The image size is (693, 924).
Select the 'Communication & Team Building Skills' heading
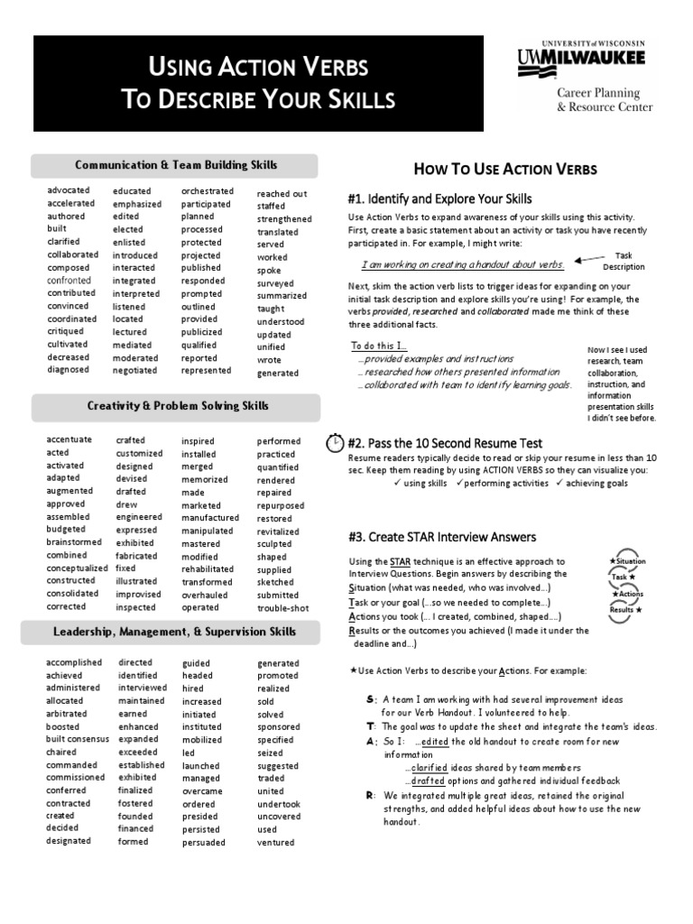[175, 165]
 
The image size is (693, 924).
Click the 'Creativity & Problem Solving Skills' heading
[177, 406]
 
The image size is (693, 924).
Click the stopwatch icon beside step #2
[335, 443]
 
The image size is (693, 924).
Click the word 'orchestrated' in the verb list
[207, 191]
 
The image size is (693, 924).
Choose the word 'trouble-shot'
[282, 608]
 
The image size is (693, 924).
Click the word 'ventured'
[275, 843]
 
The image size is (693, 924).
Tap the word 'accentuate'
[69, 439]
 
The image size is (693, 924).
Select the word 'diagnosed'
[69, 369]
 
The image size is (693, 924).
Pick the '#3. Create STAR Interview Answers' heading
[441, 537]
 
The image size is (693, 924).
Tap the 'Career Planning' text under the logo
[598, 93]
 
